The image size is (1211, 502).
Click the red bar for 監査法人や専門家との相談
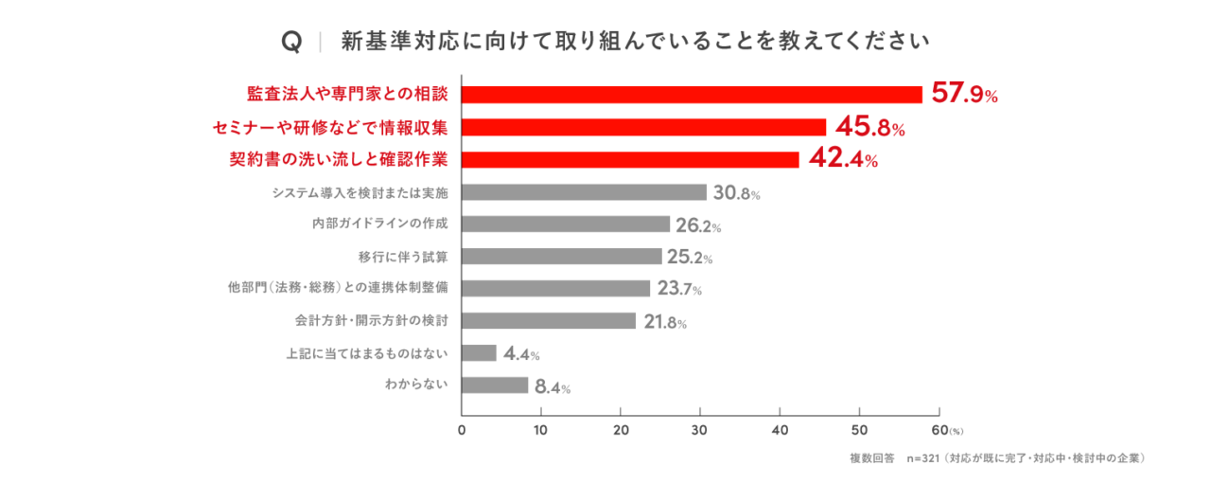coord(692,95)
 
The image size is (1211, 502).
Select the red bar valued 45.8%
coord(644,127)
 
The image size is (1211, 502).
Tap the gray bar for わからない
coord(495,385)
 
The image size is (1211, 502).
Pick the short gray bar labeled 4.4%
coord(479,352)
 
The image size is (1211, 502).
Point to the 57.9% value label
coord(964,93)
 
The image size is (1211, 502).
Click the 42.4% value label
coord(843,158)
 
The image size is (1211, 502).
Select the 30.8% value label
coord(736,192)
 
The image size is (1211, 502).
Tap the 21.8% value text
coord(665,322)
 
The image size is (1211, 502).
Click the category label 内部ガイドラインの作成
coord(380,224)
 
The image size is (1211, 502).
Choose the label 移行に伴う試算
coord(403,257)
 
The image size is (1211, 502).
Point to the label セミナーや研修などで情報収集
coord(330,128)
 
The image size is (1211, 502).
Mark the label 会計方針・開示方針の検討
coord(372,321)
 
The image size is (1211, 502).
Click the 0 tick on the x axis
coord(462,430)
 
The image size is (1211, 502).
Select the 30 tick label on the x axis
coord(699,430)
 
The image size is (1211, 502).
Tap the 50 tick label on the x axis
coord(859,430)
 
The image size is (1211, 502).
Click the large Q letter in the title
coord(292,41)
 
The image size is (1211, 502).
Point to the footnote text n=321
coord(923,458)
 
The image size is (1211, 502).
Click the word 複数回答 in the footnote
coord(872,458)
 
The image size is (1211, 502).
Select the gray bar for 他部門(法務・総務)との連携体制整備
coord(555,288)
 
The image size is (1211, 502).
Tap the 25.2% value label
coord(690,257)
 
